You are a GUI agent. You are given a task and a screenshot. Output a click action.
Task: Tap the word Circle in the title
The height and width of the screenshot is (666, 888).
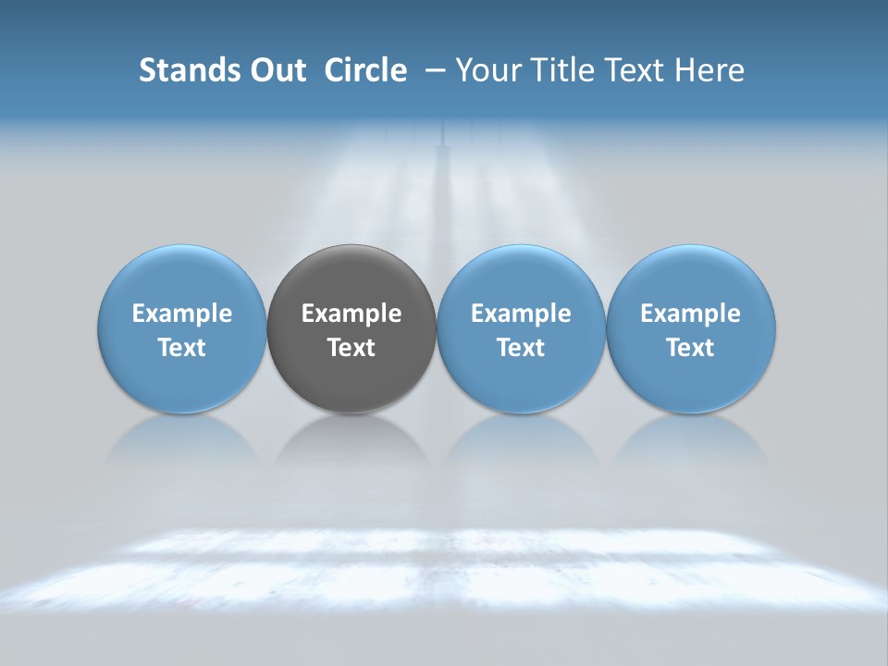365,70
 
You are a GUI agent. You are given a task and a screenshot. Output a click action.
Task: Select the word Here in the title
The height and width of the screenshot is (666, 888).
710,70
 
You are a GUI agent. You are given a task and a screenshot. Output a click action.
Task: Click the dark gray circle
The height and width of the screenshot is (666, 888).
351,329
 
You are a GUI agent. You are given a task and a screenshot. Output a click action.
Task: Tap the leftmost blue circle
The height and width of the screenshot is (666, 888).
181,329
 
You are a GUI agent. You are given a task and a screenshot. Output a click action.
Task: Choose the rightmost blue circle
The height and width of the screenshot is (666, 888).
690,329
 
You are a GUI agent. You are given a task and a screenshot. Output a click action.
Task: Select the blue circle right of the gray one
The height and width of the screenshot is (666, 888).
521,329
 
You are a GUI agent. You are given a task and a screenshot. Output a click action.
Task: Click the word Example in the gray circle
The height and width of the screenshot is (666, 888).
351,314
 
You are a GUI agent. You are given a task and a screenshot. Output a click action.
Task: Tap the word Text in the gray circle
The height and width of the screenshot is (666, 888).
351,348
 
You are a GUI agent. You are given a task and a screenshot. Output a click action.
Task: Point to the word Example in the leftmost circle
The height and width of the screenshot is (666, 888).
181,314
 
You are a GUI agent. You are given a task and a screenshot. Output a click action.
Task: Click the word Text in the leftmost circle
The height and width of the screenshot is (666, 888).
181,348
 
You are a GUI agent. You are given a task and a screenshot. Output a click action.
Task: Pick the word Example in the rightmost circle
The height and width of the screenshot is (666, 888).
690,314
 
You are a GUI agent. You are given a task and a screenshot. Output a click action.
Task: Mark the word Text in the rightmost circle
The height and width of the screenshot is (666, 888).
690,348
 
